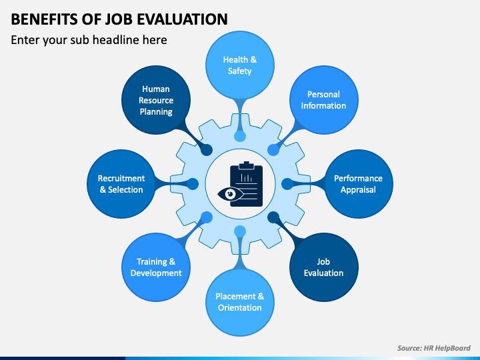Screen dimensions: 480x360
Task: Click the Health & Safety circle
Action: pos(240,65)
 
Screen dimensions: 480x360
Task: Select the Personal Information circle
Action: pos(323,100)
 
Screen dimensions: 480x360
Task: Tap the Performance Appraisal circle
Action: pos(359,184)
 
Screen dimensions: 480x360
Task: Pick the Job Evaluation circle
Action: pos(323,267)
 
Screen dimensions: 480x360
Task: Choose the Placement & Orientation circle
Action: pos(240,302)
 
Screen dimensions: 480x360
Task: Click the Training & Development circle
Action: pos(156,267)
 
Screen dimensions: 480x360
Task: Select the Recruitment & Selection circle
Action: pos(121,184)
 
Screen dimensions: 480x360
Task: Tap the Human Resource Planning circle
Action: pos(156,100)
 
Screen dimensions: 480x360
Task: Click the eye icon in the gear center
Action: pos(230,194)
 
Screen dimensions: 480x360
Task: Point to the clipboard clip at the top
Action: pos(246,165)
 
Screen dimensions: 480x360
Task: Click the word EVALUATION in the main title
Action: pos(182,19)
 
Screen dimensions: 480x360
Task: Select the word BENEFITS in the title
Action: pos(45,19)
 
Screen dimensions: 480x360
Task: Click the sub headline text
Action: pos(89,40)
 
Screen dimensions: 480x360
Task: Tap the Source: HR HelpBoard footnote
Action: pos(434,348)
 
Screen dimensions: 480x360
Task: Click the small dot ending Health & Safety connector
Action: pos(240,136)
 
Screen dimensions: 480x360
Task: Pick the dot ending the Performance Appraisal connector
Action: pos(287,184)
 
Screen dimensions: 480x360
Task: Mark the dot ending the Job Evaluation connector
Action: pos(273,217)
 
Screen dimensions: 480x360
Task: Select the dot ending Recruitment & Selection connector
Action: pos(193,184)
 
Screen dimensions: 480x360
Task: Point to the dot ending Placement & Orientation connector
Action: pos(240,231)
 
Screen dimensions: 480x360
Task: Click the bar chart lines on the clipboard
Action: pos(247,178)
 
